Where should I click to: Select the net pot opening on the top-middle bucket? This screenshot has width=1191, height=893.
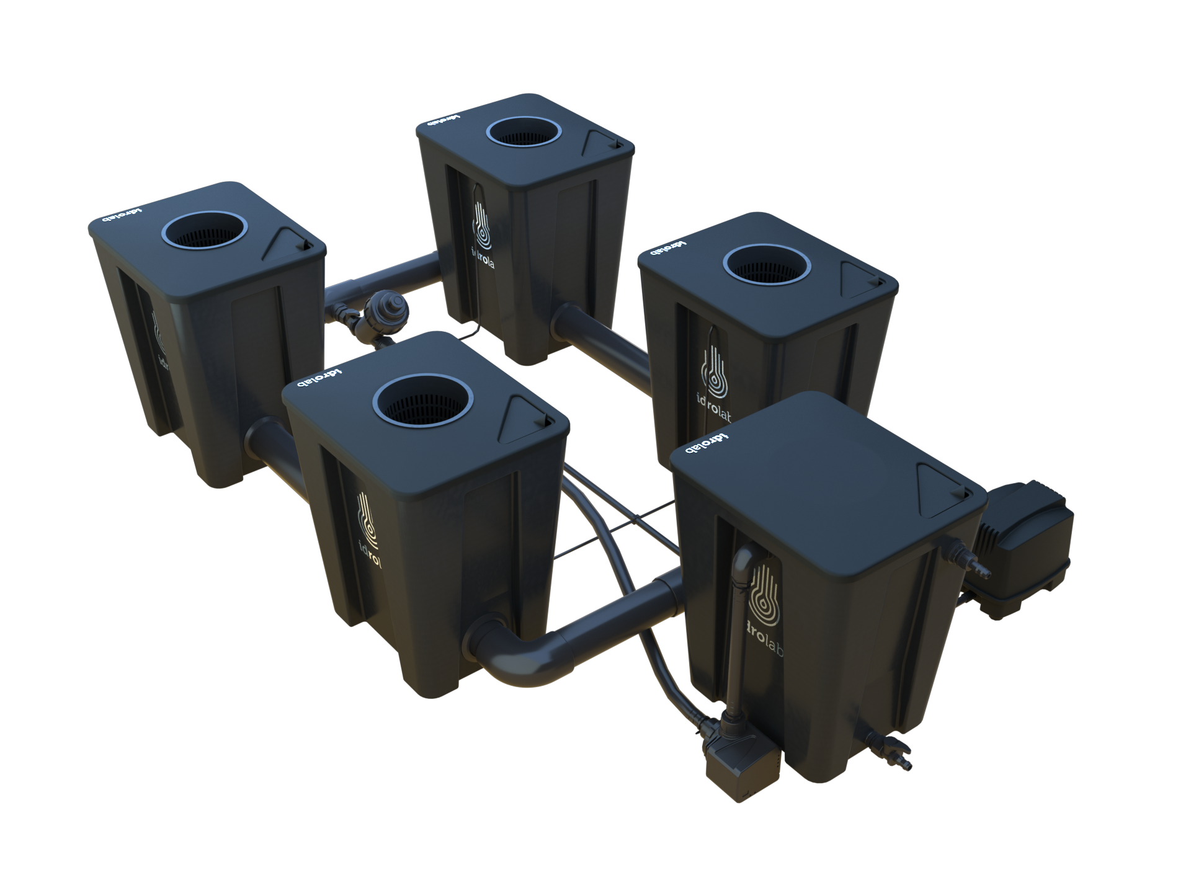pos(524,132)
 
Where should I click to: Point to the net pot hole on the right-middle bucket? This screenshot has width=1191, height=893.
pos(767,265)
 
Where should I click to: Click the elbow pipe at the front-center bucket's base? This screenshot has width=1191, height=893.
pos(527,657)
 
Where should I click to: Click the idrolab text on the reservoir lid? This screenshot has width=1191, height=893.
pos(707,443)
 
